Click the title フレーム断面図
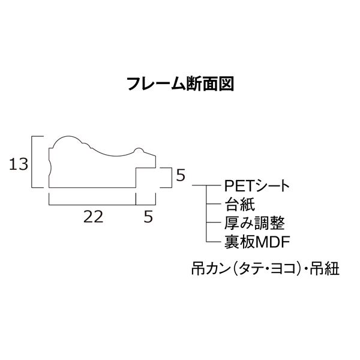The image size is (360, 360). [181, 84]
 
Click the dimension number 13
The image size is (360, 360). [19, 164]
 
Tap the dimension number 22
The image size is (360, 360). [93, 217]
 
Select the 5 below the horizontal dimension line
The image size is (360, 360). [148, 217]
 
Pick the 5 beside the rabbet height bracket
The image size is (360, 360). [181, 175]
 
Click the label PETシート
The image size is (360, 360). [257, 186]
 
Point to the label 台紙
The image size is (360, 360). [239, 205]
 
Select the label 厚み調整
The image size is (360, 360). [254, 223]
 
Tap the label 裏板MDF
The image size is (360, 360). [257, 242]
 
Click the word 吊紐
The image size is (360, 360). [325, 268]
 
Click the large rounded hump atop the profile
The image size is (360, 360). [68, 136]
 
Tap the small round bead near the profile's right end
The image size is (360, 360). [139, 149]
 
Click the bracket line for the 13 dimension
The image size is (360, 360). [32, 162]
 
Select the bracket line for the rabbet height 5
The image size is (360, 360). [172, 178]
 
